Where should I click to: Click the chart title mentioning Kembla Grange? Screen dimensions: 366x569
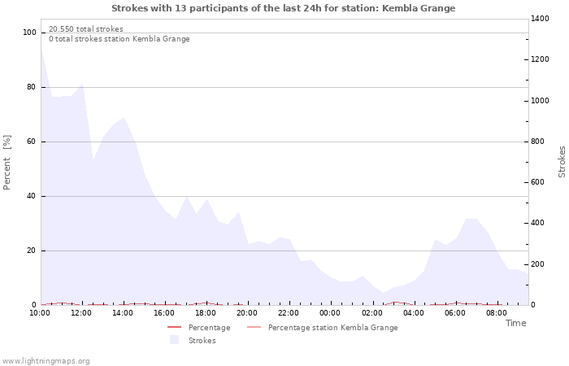[x=283, y=8]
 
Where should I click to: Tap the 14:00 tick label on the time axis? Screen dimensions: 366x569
[x=123, y=312]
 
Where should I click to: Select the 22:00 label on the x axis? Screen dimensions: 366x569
[x=289, y=312]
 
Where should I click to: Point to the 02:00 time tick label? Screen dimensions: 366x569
[x=371, y=312]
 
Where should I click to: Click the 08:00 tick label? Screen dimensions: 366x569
[x=496, y=312]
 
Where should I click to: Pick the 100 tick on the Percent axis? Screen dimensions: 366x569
[x=30, y=33]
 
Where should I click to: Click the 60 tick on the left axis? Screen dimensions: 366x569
[x=32, y=142]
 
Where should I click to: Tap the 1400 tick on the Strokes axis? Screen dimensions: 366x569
[x=542, y=18]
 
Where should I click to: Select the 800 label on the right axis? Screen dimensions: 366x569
[x=540, y=142]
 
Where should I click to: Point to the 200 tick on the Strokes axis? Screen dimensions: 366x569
[x=540, y=264]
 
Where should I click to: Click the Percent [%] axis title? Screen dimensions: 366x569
[x=7, y=163]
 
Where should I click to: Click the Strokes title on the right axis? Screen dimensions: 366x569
[x=562, y=161]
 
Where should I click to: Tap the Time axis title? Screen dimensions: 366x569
[x=515, y=323]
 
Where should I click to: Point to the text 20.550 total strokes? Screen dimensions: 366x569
[x=86, y=29]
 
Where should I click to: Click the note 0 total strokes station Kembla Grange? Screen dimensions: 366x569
[x=119, y=39]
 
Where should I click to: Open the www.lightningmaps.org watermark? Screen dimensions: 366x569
[x=46, y=361]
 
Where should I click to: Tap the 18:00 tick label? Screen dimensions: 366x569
[x=206, y=312]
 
